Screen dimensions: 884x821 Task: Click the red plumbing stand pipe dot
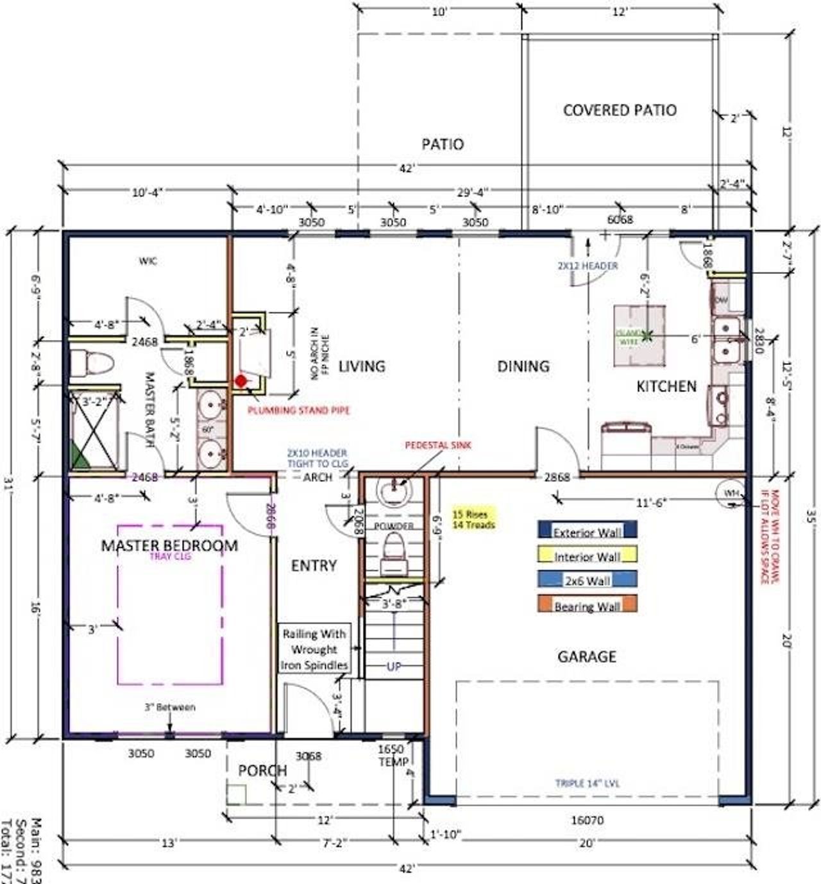241,381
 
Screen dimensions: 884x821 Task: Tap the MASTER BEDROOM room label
169,546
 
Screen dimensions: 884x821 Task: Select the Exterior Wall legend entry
587,530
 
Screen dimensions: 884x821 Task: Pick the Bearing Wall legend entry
587,605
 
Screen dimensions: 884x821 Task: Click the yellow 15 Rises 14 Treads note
474,519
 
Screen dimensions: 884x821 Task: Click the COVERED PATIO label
620,110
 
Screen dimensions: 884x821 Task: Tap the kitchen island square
639,336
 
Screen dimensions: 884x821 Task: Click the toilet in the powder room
393,554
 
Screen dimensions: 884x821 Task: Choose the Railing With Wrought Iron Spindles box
315,649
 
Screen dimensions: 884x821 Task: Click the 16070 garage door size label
586,820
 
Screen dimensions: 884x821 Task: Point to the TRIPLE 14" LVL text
587,783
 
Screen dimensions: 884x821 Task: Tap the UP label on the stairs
394,667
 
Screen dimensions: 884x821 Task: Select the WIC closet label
148,261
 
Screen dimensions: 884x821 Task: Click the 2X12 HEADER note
588,266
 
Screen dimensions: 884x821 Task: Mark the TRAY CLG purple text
170,557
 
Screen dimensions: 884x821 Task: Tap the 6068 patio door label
620,219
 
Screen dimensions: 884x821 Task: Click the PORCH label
262,770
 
